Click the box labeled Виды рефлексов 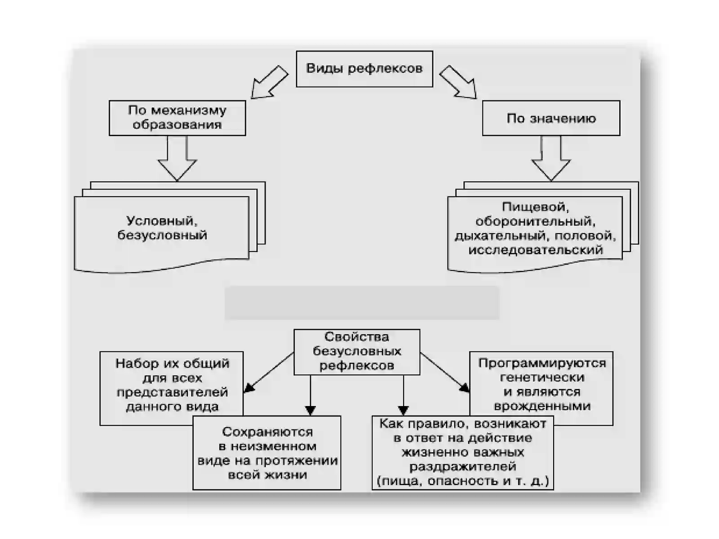(364, 69)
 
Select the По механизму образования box (177, 118)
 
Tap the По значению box (551, 118)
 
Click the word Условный (162, 221)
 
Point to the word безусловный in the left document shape (162, 235)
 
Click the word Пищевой (535, 207)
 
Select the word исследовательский (536, 250)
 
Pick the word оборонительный (535, 221)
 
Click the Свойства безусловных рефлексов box (357, 352)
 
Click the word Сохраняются (267, 432)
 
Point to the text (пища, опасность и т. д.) (462, 481)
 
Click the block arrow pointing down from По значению (551, 159)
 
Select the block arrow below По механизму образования (177, 159)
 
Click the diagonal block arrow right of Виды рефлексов (458, 83)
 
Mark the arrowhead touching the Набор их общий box (249, 388)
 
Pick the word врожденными (542, 406)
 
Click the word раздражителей (462, 466)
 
